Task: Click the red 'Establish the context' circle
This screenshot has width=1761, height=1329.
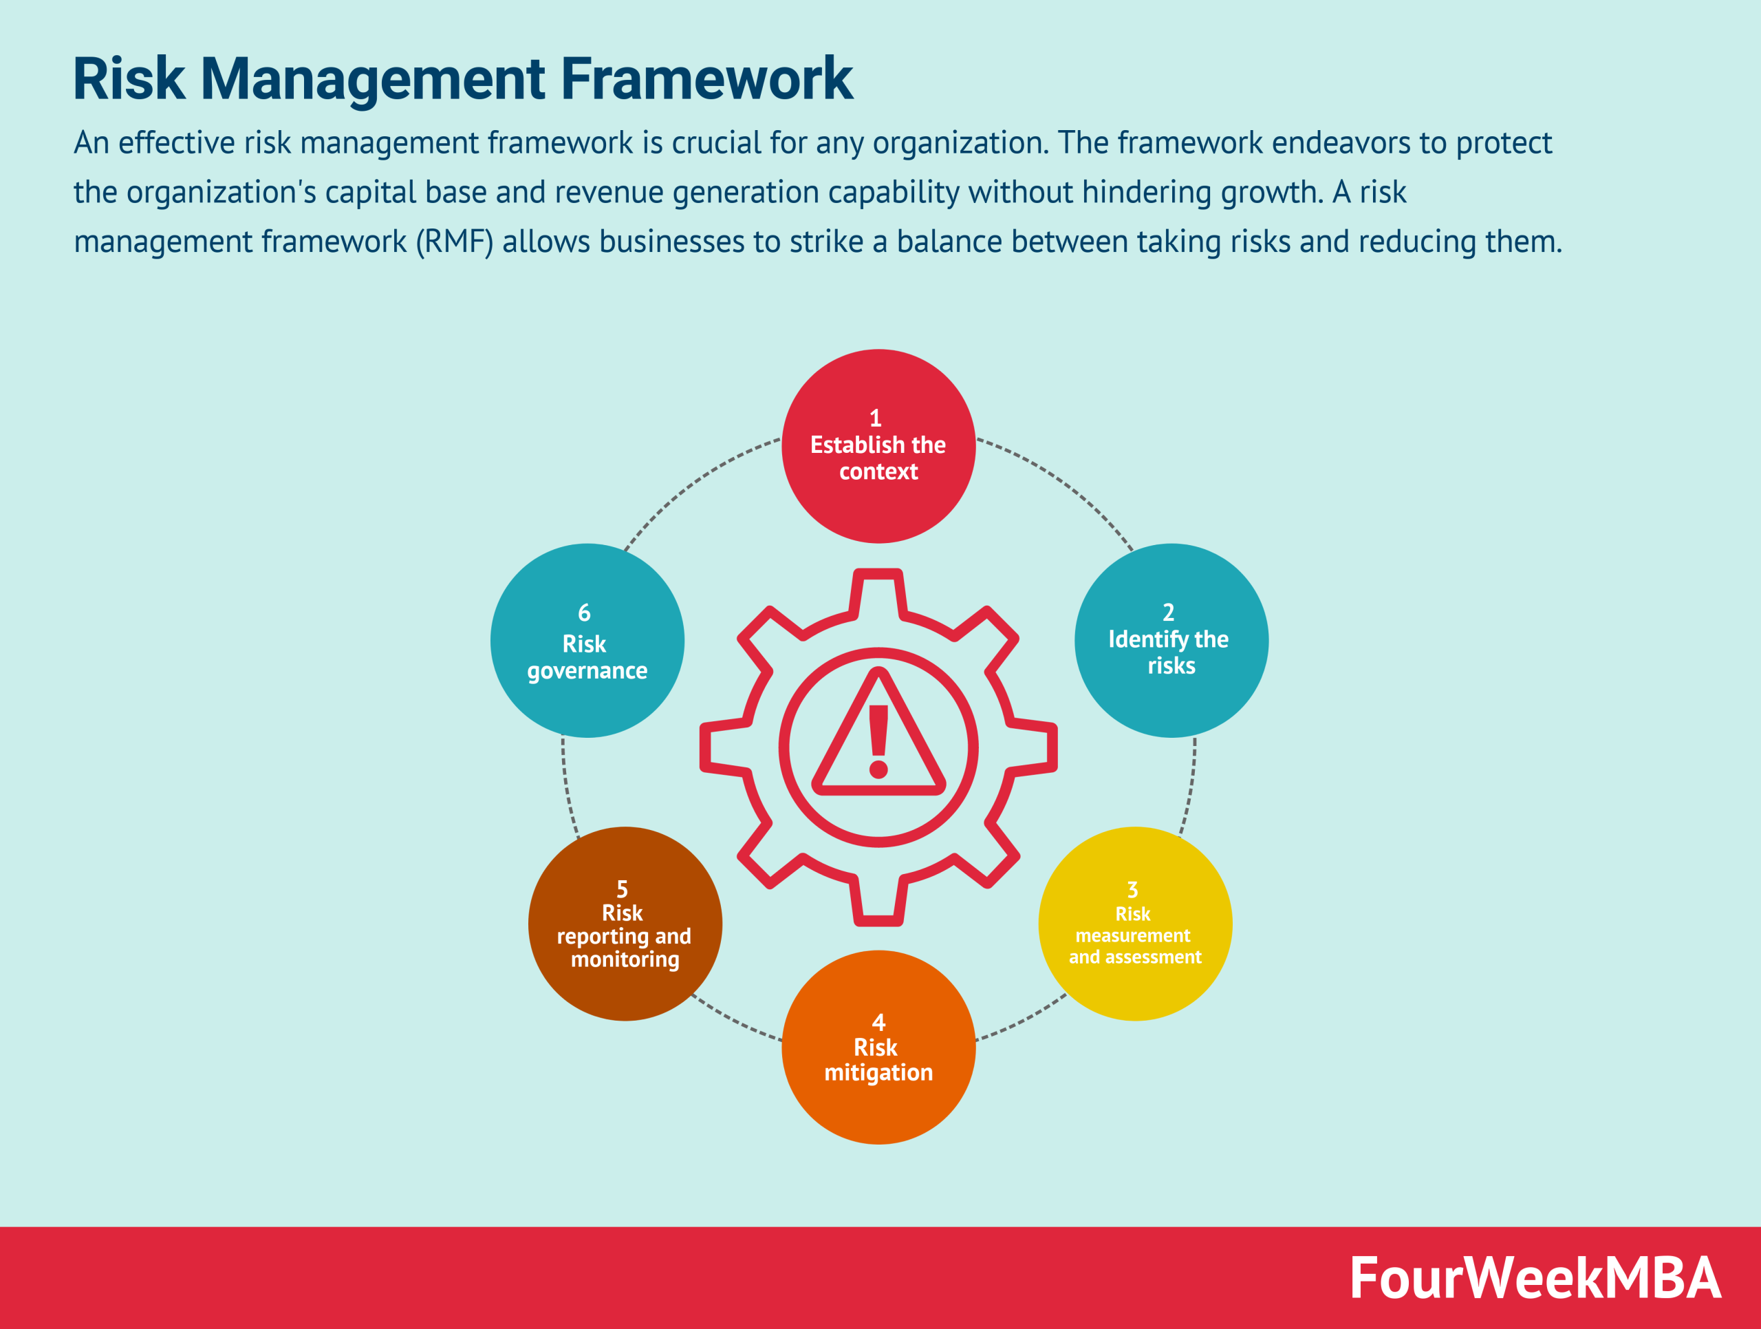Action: tap(878, 446)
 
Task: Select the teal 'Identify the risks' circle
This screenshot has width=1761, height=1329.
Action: tap(1171, 640)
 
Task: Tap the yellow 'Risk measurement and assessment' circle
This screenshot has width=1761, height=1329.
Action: tap(1134, 924)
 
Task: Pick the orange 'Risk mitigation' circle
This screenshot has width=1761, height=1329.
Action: tap(878, 1047)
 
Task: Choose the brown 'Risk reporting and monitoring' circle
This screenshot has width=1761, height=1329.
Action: tap(625, 924)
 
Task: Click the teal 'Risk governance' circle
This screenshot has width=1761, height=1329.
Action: tap(587, 640)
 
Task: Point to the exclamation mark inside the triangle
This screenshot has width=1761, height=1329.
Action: tap(878, 741)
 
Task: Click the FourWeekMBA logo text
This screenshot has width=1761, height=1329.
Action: tap(1535, 1278)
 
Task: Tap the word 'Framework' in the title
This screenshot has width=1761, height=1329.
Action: tap(707, 79)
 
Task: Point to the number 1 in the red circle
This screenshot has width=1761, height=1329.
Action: tap(875, 418)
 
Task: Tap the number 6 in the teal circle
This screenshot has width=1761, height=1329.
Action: tap(584, 613)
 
